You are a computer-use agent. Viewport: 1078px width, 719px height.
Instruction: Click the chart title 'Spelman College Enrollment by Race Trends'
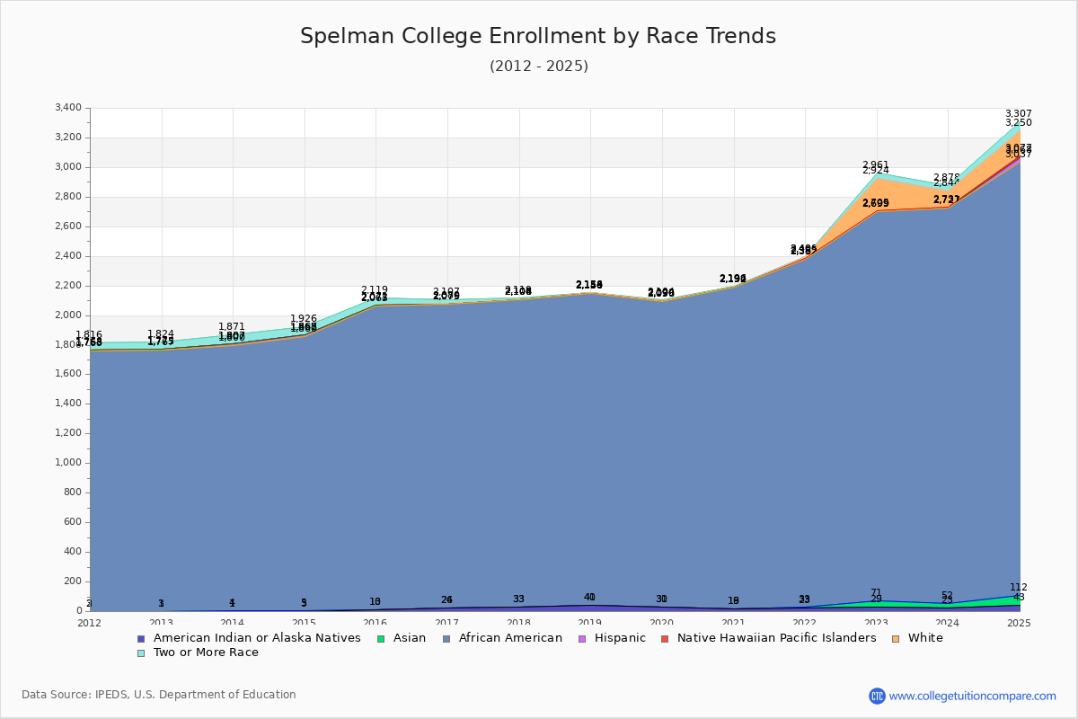point(538,36)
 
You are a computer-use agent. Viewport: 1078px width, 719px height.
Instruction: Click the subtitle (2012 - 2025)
point(538,67)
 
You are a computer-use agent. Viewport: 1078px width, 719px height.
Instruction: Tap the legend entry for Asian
point(412,638)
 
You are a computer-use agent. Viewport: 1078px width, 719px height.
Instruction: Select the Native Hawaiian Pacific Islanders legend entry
point(776,638)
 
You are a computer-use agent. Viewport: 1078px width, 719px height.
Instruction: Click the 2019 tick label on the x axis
point(589,623)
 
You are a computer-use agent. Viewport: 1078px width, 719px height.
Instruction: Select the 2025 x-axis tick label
point(1019,623)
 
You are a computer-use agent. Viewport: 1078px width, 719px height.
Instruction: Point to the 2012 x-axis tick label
point(90,623)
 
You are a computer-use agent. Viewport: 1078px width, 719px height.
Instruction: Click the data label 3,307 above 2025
point(1018,114)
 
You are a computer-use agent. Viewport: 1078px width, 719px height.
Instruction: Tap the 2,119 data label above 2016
point(375,290)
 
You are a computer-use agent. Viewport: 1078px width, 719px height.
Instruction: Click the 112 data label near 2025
point(1018,587)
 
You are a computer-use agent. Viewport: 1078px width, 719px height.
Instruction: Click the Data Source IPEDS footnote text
point(159,695)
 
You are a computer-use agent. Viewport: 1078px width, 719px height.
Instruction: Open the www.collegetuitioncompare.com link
point(972,696)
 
